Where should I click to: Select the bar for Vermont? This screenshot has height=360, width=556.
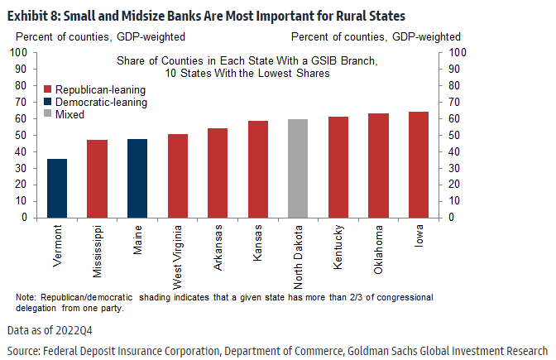pos(57,188)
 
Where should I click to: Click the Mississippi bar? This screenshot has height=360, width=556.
pos(97,179)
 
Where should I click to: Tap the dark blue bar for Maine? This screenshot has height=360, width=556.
pos(137,178)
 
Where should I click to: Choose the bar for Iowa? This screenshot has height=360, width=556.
pos(419,165)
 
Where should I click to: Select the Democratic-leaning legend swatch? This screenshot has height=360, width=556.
pos(47,102)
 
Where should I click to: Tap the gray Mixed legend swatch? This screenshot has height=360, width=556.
pos(47,114)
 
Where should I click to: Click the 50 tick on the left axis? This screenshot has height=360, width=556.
pos(22,135)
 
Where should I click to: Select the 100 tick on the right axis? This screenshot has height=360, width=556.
pos(458,52)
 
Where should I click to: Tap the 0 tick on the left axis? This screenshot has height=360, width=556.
pos(25,218)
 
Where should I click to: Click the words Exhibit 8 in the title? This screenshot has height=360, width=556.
pos(30,14)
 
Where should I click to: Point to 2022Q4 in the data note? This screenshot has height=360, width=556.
pos(82,330)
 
